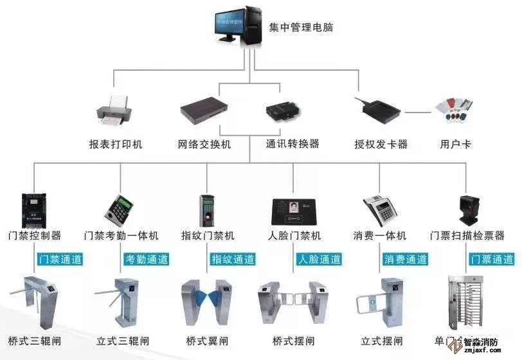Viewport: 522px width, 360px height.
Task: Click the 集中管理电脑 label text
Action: (301, 27)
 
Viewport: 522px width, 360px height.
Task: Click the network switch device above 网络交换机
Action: (204, 111)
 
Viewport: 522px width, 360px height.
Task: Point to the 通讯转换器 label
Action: (292, 143)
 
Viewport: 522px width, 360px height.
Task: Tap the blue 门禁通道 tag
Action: (60, 260)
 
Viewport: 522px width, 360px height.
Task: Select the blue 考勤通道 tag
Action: (147, 260)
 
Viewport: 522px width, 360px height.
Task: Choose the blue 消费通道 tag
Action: (406, 260)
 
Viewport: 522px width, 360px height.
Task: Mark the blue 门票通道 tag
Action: (492, 260)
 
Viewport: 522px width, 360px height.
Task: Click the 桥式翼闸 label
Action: (207, 341)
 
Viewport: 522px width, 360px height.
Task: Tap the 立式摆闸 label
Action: (382, 341)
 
